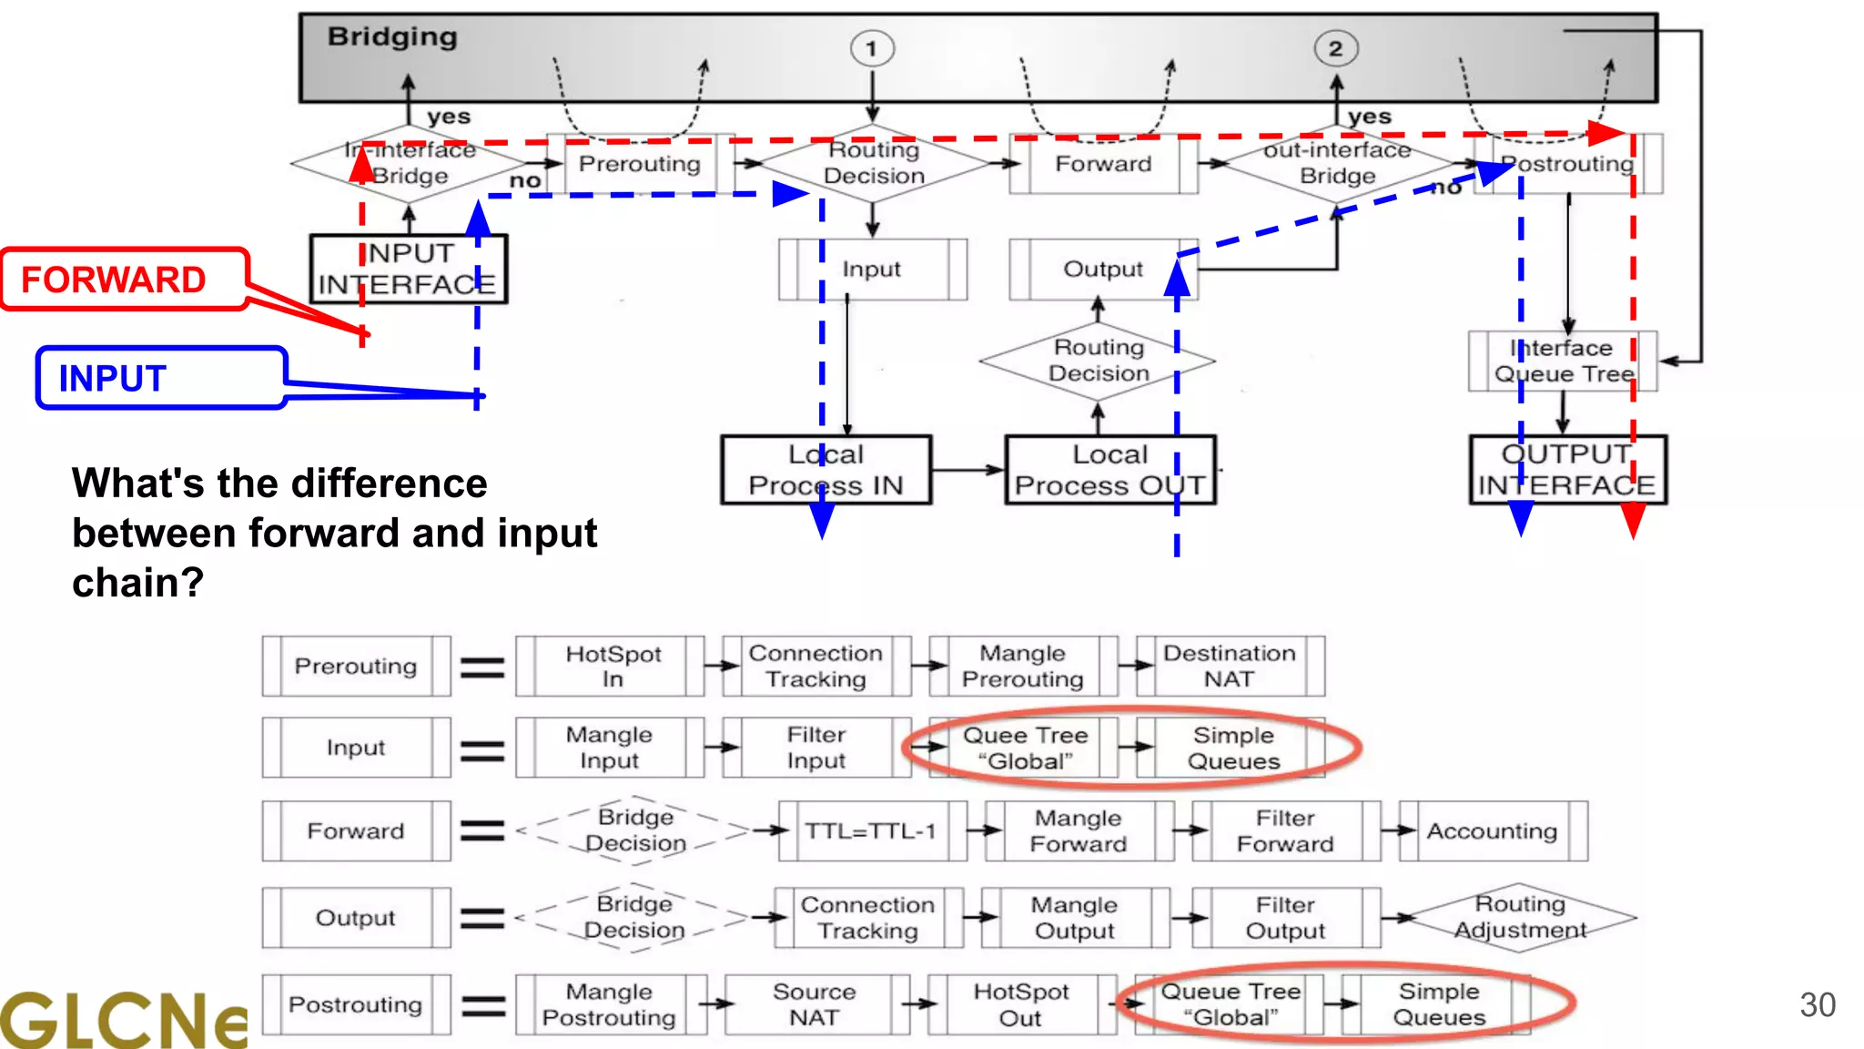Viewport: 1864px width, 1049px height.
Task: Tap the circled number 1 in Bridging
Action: click(x=872, y=48)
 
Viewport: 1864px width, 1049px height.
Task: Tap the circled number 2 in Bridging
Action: click(x=1335, y=48)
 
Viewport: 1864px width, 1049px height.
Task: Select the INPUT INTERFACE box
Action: click(x=408, y=270)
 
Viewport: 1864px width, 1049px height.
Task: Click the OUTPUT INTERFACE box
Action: click(x=1567, y=470)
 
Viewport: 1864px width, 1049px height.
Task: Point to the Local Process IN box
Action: click(x=826, y=470)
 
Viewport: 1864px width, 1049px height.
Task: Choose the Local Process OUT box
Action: click(x=1109, y=470)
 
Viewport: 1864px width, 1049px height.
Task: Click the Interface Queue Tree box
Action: click(x=1563, y=362)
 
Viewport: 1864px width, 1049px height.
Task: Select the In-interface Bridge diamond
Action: click(x=409, y=163)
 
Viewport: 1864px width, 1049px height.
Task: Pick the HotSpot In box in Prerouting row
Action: click(x=612, y=667)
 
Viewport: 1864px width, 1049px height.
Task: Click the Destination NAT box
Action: click(x=1229, y=667)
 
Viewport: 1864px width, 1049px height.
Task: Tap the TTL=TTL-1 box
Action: click(x=871, y=831)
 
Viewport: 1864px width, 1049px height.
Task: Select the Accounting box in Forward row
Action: click(x=1492, y=831)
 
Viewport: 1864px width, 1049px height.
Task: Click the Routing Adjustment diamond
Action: click(x=1519, y=917)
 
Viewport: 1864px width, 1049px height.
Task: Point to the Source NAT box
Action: click(x=815, y=1004)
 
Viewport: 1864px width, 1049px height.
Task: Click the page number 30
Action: click(x=1817, y=1005)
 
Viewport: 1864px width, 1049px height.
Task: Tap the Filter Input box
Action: click(x=816, y=748)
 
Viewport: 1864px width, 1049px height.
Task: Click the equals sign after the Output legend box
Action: click(x=482, y=918)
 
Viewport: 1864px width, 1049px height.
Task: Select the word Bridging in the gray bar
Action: click(x=392, y=37)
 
